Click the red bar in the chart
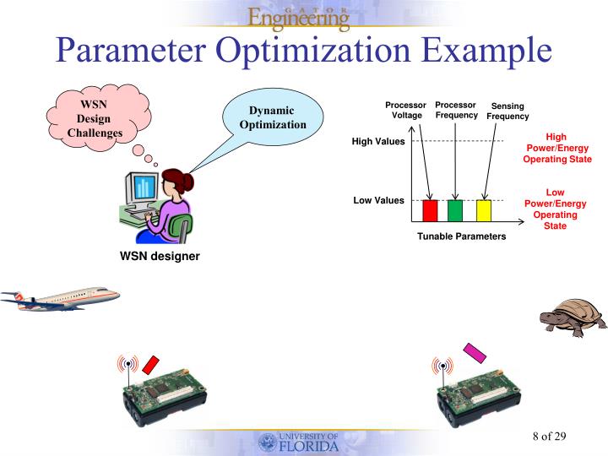(430, 210)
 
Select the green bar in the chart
(455, 210)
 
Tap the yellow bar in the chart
(484, 210)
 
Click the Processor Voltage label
(405, 110)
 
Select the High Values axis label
(378, 141)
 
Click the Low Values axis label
(378, 200)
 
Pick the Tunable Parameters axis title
(461, 236)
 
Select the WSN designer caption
(160, 256)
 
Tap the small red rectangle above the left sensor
(151, 364)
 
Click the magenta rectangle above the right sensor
(475, 352)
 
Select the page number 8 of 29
(549, 436)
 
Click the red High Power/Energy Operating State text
(556, 148)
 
